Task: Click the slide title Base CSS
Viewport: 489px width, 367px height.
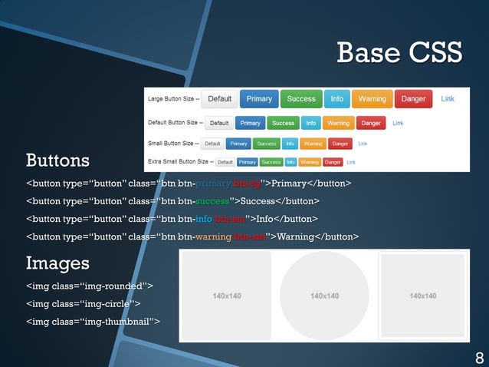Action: pos(399,52)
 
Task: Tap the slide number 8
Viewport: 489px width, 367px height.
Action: pos(479,357)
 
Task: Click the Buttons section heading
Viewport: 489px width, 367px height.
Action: pos(57,160)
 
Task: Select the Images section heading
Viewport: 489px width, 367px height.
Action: pos(57,263)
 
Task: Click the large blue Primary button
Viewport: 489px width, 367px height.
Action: pos(259,99)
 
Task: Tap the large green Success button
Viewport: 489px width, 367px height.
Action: pos(301,99)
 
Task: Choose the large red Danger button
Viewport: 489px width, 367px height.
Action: pos(413,99)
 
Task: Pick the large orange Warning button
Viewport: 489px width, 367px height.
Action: pos(372,99)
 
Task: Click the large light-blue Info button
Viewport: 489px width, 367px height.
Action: pos(337,99)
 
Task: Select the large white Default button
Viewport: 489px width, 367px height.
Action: pos(220,99)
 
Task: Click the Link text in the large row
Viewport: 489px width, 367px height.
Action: pos(448,99)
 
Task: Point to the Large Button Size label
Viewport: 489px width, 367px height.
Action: pos(173,99)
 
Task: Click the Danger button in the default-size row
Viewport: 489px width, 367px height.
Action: pos(372,123)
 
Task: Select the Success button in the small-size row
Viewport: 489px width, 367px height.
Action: pos(267,144)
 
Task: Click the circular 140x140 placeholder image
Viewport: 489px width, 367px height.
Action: pos(324,296)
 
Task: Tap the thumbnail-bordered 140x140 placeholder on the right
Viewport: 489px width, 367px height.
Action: pos(423,296)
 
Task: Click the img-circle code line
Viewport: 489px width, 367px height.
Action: pos(83,303)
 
